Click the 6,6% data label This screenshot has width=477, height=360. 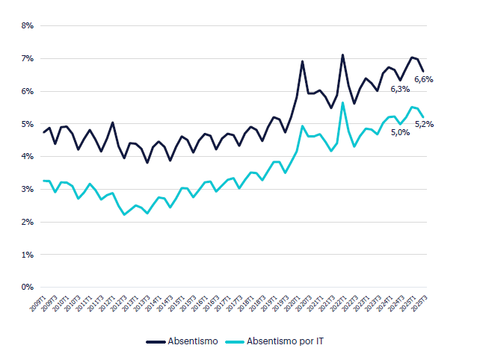pyautogui.click(x=424, y=78)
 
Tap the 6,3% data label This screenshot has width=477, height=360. pyautogui.click(x=401, y=90)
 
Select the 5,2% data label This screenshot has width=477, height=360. pyautogui.click(x=424, y=124)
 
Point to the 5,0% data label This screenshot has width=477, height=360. pyautogui.click(x=401, y=133)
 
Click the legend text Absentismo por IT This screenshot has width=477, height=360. pyautogui.click(x=286, y=341)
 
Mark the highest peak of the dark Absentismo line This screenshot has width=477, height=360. pyautogui.click(x=342, y=55)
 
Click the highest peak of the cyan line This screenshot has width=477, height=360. pyautogui.click(x=342, y=102)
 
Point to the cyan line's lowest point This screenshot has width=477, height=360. pyautogui.click(x=124, y=214)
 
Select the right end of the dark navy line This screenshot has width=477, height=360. pyautogui.click(x=423, y=72)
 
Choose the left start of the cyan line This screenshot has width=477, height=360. pyautogui.click(x=43, y=181)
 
